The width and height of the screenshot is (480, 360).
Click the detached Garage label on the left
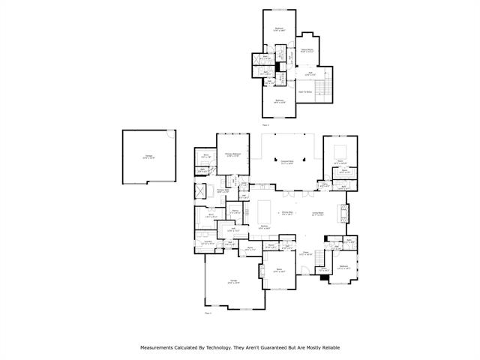149,157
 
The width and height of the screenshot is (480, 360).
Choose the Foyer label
305,253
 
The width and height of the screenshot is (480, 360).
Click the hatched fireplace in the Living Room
343,214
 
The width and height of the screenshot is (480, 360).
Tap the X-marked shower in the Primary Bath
202,190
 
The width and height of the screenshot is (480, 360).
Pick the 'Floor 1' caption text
208,313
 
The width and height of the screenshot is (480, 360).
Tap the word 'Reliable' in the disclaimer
329,348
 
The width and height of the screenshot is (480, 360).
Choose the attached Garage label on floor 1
233,282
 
